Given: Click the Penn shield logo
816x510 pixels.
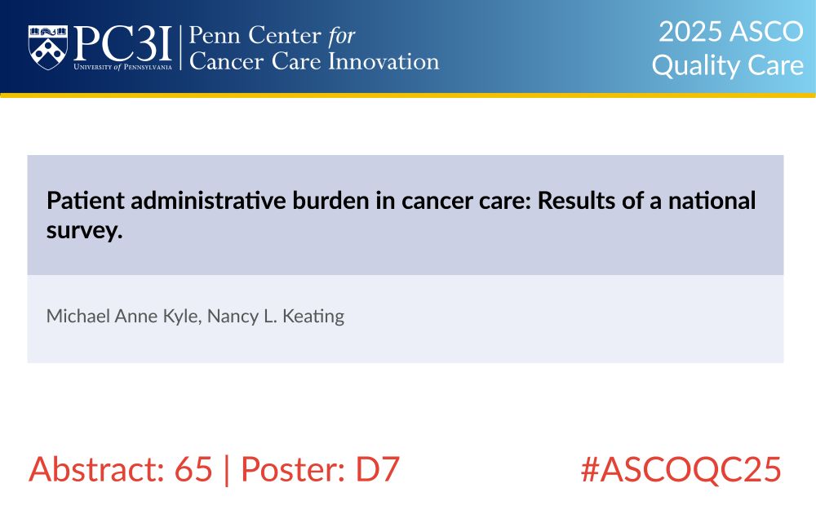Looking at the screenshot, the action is pyautogui.click(x=48, y=47).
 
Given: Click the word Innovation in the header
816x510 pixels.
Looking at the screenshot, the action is pyautogui.click(x=384, y=61).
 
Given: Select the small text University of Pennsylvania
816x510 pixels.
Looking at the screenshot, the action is pyautogui.click(x=123, y=67).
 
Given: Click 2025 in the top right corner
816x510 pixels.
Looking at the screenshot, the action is pyautogui.click(x=691, y=32).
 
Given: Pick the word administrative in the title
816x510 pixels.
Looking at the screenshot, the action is pyautogui.click(x=208, y=201).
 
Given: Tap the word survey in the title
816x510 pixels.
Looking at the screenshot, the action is pyautogui.click(x=84, y=231).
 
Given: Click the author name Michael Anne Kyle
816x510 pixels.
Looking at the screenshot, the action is pyautogui.click(x=124, y=317).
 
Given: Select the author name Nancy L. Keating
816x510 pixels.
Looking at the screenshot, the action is pyautogui.click(x=276, y=317).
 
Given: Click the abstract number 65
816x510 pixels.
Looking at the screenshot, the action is pyautogui.click(x=193, y=469).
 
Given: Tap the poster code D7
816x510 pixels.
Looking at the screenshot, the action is pyautogui.click(x=377, y=469).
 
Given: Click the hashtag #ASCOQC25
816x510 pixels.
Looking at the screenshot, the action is pyautogui.click(x=681, y=469).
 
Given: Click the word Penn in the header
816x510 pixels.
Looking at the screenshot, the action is pyautogui.click(x=214, y=35).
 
